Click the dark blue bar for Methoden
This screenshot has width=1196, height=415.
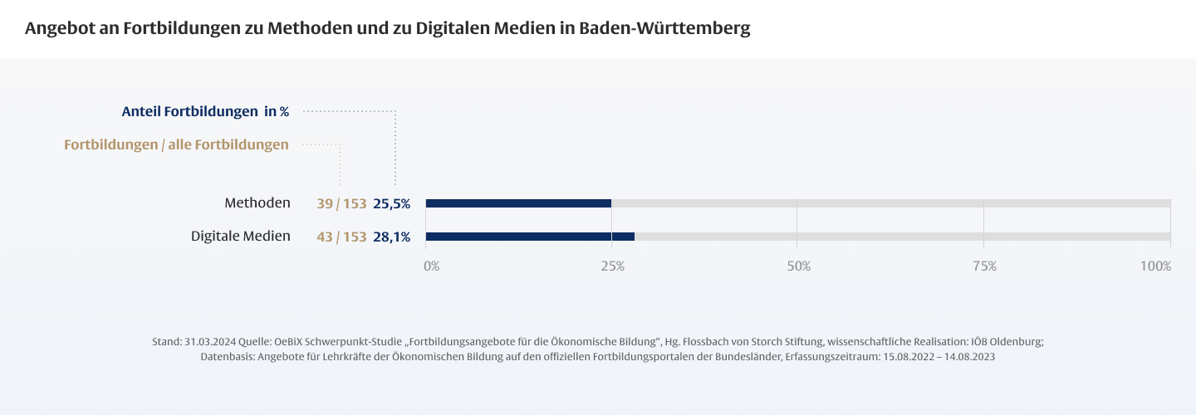[x=518, y=203]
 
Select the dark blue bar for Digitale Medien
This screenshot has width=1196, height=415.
[x=530, y=237]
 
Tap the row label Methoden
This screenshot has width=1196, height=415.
[x=257, y=203]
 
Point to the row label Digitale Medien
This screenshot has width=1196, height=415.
[x=241, y=237]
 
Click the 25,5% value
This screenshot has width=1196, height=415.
[x=392, y=203]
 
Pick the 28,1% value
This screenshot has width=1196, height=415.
[x=392, y=237]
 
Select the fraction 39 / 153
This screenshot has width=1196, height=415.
[x=341, y=203]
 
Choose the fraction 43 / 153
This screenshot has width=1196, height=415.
[x=341, y=237]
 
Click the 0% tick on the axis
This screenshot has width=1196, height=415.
[x=432, y=266]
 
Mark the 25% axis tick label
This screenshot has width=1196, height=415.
[x=612, y=266]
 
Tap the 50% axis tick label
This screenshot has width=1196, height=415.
[x=798, y=266]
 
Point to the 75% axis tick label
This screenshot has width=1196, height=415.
[x=984, y=266]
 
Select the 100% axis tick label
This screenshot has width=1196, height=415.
[x=1155, y=266]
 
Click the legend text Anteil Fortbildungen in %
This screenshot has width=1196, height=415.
[x=205, y=111]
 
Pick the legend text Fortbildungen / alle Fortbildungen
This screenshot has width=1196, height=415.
[x=176, y=144]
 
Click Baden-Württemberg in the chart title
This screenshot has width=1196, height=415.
[x=664, y=28]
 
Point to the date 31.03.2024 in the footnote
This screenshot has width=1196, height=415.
[x=209, y=342]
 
